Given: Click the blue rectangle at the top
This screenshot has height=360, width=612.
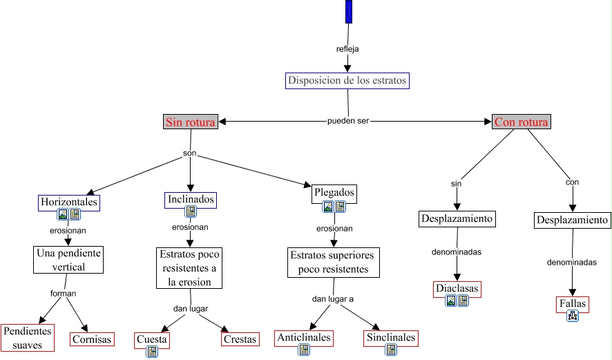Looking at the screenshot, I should [349, 12].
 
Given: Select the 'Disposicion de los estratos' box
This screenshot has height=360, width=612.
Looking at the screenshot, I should [347, 80].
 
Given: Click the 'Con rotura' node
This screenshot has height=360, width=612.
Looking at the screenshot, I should [521, 122].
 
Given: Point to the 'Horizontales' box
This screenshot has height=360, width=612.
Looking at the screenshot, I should [69, 202].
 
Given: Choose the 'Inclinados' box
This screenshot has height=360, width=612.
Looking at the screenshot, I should [191, 200].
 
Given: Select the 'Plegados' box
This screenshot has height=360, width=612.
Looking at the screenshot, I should [334, 192].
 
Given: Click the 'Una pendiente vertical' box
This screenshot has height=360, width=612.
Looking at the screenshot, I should [68, 259].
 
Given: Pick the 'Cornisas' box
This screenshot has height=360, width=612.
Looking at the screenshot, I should [92, 339].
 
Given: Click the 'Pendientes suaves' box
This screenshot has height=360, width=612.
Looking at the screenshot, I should [28, 337].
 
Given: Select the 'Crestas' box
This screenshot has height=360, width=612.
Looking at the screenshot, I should [240, 339].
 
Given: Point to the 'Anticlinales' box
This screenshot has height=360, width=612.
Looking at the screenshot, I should [304, 338].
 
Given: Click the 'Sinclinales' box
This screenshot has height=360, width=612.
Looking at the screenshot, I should [391, 338].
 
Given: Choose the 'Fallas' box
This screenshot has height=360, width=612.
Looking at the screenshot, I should [573, 303].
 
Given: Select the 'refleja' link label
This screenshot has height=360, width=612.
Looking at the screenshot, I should [347, 49].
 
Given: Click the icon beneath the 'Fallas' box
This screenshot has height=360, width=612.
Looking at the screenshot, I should [572, 316].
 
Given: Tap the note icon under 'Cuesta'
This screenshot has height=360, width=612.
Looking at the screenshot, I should [152, 352].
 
